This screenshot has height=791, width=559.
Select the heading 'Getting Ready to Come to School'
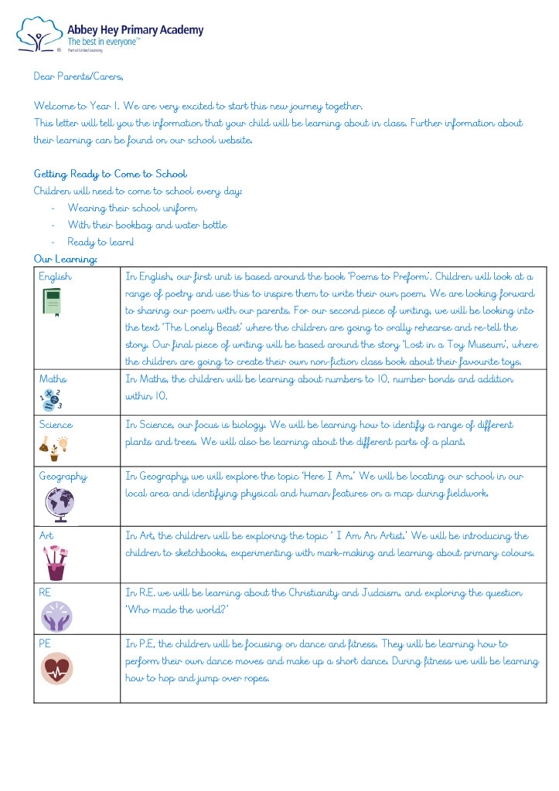click(x=110, y=174)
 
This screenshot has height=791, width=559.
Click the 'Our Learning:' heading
click(x=65, y=259)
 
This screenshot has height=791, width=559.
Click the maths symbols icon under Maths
click(x=51, y=400)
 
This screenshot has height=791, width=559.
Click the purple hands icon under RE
click(x=56, y=617)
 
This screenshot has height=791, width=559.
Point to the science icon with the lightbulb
click(x=53, y=447)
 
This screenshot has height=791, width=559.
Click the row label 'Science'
click(x=56, y=425)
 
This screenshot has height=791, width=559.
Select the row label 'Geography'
click(x=63, y=477)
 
